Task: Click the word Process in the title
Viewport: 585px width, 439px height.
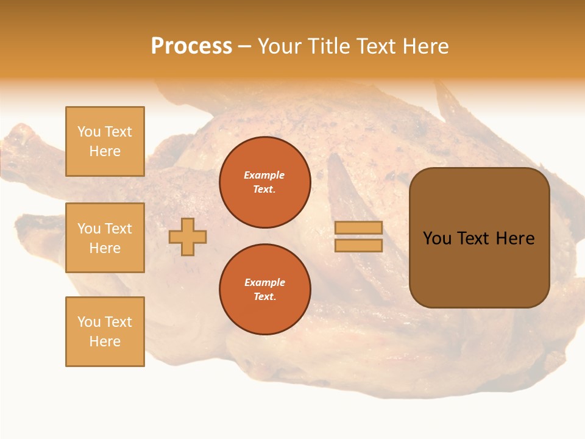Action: pos(191,46)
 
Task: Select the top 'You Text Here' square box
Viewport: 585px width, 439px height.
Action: pos(105,141)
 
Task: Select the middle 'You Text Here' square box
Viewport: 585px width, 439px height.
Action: pos(105,238)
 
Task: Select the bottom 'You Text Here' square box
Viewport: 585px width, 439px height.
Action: pos(105,331)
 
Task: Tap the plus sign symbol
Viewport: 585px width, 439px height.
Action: pos(187,237)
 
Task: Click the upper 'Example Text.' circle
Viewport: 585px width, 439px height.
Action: pos(264,182)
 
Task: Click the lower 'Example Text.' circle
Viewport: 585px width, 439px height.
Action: pos(264,290)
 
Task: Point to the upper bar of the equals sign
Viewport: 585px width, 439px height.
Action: pos(358,228)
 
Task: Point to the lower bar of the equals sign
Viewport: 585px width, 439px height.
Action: pos(358,245)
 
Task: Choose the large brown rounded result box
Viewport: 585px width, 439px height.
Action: pos(479,268)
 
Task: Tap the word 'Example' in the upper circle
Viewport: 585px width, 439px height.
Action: pos(264,175)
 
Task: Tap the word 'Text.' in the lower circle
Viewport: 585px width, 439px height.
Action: pos(264,297)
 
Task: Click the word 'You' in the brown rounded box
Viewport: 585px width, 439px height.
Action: pos(437,238)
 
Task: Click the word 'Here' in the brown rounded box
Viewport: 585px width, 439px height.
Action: pos(515,238)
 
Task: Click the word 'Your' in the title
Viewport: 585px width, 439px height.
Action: pos(280,46)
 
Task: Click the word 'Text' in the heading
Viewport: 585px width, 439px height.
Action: pos(377,46)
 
